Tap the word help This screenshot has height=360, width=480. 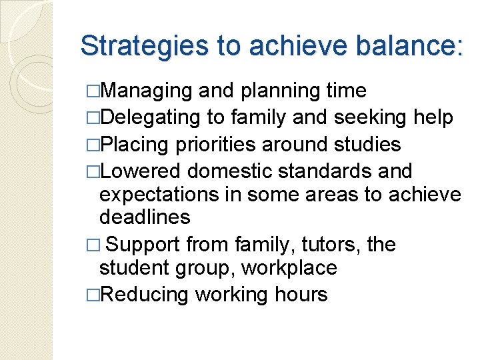pos(433,118)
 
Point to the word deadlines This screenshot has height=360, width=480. pos(145,217)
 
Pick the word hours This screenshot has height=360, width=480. pos(303,295)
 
